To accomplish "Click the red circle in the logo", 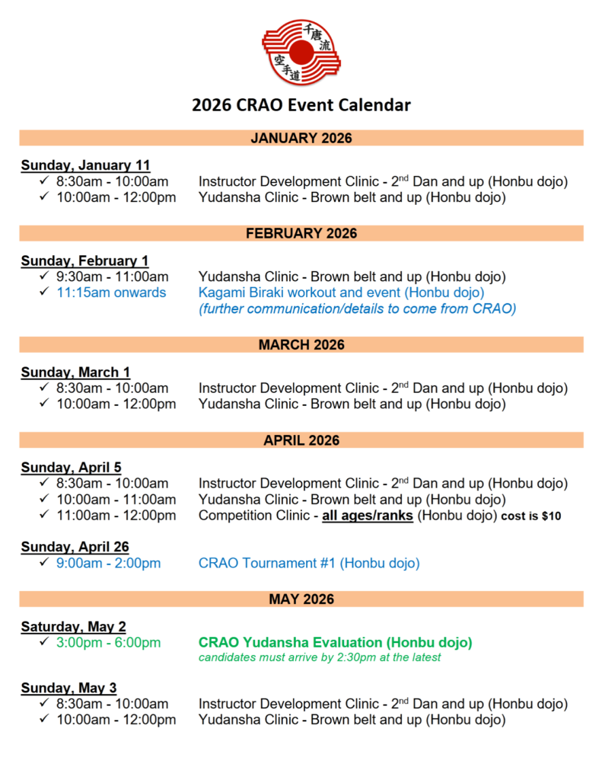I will (x=301, y=53).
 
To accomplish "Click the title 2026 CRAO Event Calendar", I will (x=301, y=105).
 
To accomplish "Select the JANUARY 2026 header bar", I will (x=301, y=138).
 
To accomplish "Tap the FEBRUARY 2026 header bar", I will (x=301, y=233).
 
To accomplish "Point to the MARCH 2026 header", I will (x=301, y=345).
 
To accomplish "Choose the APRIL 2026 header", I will (x=301, y=440).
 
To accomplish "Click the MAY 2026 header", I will (x=301, y=599).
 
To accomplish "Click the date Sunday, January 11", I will (x=85, y=165).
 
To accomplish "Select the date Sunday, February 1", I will (x=84, y=261).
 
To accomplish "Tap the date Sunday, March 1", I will (x=75, y=372).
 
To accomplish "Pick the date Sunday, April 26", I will (x=75, y=547).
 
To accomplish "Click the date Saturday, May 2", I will (x=73, y=627).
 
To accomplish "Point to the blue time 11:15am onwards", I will (x=111, y=292).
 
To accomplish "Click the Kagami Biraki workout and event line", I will (x=341, y=292).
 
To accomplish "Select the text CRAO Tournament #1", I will (x=267, y=564).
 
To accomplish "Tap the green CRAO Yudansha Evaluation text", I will (x=335, y=643).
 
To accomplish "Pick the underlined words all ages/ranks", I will (x=368, y=516).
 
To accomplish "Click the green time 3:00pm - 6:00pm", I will (x=108, y=643).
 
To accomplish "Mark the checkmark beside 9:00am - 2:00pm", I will (x=45, y=564).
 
